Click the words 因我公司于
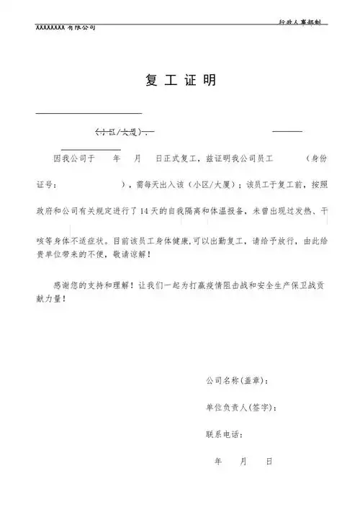tap(74, 157)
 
